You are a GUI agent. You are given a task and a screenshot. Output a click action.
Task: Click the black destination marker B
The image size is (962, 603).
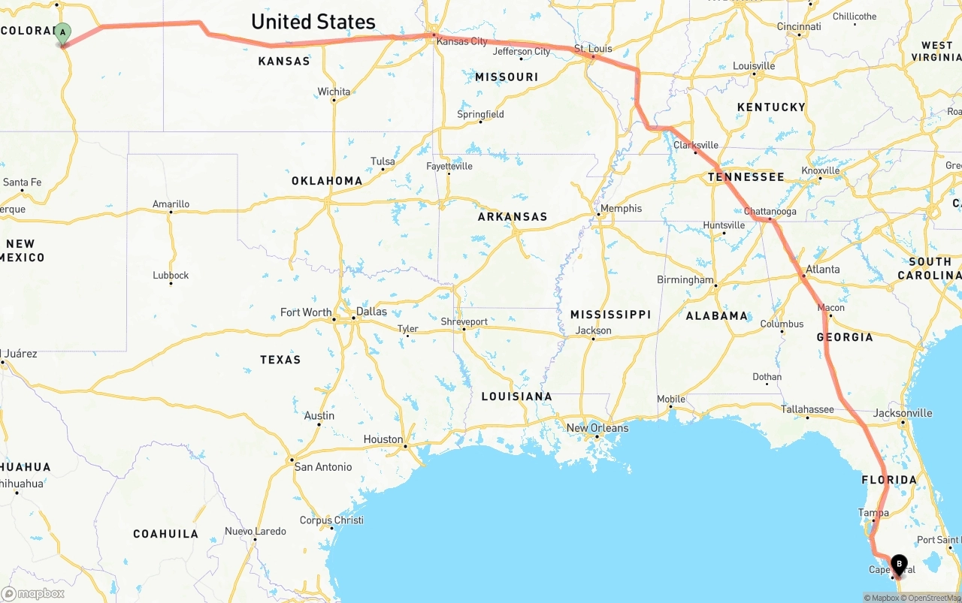[x=898, y=564]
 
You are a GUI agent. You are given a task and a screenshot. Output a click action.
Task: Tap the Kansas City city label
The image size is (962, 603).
[x=462, y=41]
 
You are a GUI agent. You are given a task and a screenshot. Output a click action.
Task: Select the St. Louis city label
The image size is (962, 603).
[x=593, y=49]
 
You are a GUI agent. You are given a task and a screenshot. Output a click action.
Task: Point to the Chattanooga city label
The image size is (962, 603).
[x=770, y=212]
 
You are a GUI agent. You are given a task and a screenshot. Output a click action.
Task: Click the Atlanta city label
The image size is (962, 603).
[x=823, y=269]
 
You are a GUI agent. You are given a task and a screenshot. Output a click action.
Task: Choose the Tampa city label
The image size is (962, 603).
[x=873, y=513]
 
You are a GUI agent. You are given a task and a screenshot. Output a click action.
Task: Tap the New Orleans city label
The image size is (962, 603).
[x=597, y=428]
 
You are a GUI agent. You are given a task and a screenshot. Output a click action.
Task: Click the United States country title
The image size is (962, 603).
[x=313, y=22]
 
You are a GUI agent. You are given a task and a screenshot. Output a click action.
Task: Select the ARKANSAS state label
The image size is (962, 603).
[x=513, y=217]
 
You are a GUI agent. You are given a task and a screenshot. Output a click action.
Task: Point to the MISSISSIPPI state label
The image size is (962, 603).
[x=610, y=315]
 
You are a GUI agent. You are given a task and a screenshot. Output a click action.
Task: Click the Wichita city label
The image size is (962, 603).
[x=334, y=92]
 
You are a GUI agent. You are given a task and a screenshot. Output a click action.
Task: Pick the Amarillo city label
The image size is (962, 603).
[x=171, y=204]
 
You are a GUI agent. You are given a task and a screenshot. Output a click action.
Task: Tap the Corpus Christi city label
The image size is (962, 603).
[x=331, y=520]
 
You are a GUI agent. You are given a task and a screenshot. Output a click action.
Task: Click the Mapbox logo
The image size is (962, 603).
[x=33, y=593]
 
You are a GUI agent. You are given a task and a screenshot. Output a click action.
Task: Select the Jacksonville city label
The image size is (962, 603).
[x=903, y=413]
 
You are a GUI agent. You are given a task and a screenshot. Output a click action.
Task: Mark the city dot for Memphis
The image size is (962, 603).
[x=598, y=216]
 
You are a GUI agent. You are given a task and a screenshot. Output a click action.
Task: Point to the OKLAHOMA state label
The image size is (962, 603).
[x=327, y=181]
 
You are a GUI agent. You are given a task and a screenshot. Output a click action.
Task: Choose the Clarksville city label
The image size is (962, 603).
[x=696, y=145]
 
